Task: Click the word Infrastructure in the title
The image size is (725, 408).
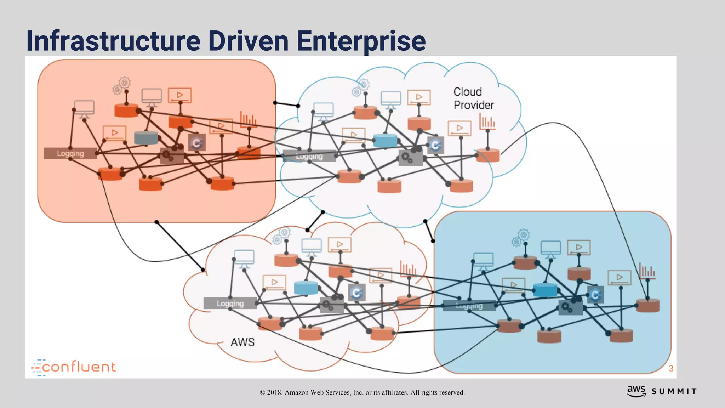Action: pyautogui.click(x=113, y=41)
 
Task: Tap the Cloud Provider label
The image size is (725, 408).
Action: pyautogui.click(x=473, y=98)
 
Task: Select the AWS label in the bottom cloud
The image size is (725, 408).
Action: pyautogui.click(x=242, y=342)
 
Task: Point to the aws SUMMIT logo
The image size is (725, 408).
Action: pyautogui.click(x=662, y=391)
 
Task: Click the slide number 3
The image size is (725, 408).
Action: pyautogui.click(x=671, y=368)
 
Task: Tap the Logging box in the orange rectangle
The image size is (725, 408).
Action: pyautogui.click(x=70, y=153)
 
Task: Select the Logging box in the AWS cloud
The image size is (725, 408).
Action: pyautogui.click(x=230, y=304)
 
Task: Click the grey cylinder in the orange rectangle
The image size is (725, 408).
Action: pyautogui.click(x=146, y=137)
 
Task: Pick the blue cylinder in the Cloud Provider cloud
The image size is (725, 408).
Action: pyautogui.click(x=385, y=140)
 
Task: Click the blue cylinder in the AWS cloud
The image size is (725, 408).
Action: pyautogui.click(x=306, y=288)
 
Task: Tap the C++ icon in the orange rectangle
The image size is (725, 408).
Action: pyautogui.click(x=197, y=143)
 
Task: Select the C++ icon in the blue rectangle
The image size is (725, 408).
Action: pyautogui.click(x=595, y=295)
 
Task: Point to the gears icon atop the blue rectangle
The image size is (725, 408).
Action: pyautogui.click(x=521, y=238)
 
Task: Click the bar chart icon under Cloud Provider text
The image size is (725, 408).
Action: pyautogui.click(x=487, y=121)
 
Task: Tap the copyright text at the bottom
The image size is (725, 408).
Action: pyautogui.click(x=362, y=392)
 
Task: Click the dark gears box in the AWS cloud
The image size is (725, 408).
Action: pyautogui.click(x=331, y=305)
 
